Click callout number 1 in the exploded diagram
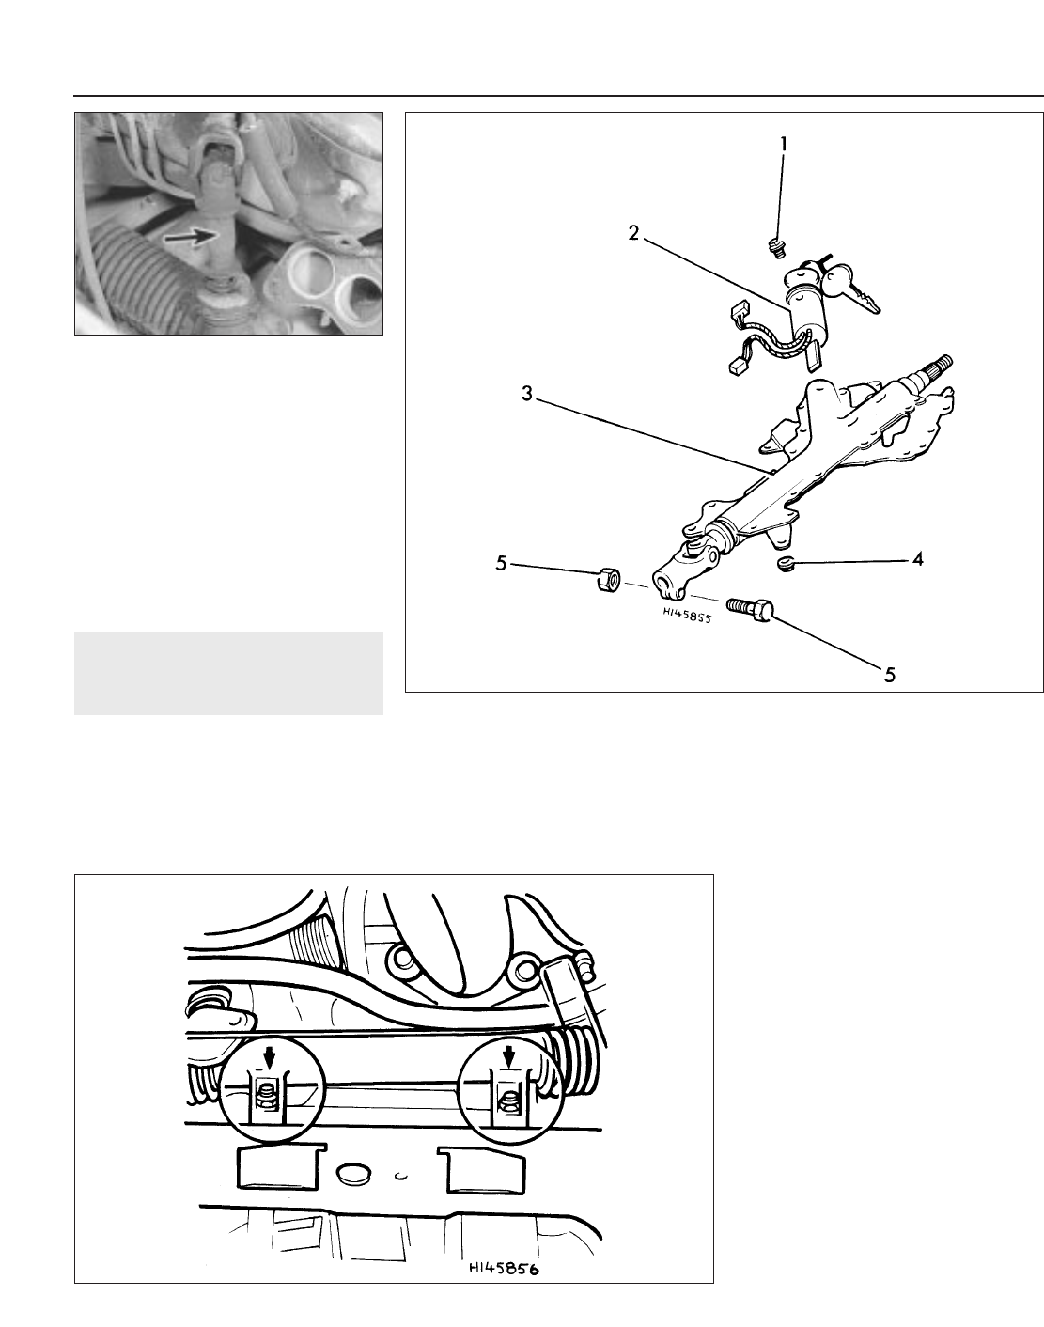pos(784,145)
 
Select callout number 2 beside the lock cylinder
pos(634,233)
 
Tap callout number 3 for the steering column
pos(526,394)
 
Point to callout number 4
pos(917,559)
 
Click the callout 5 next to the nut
pos(502,563)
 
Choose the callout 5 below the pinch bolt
pos(889,675)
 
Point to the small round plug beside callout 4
pos(786,563)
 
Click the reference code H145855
pos(687,614)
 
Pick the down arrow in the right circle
pos(508,1059)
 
